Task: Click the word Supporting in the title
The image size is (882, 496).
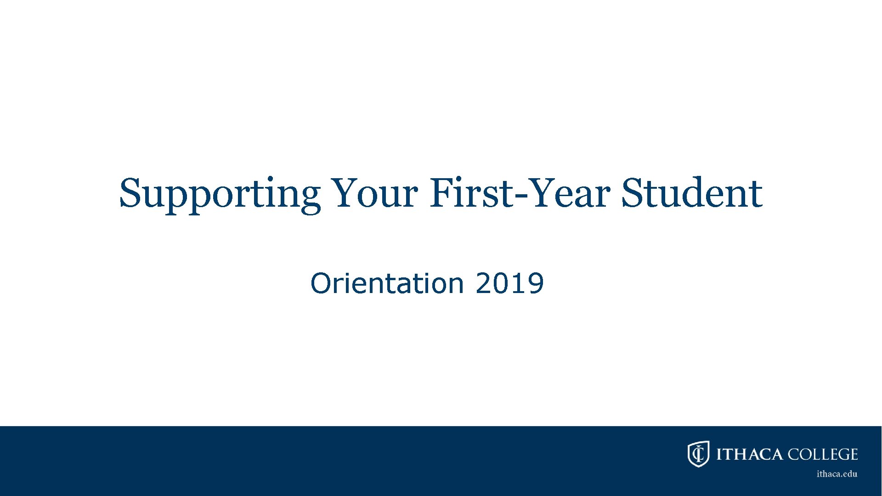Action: (x=220, y=194)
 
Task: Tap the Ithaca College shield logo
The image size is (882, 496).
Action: (x=698, y=454)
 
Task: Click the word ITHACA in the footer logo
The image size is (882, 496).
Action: (x=749, y=454)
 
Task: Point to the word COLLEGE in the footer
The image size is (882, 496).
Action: (x=823, y=454)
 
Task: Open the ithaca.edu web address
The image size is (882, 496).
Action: (x=837, y=474)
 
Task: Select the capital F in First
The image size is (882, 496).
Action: (x=441, y=193)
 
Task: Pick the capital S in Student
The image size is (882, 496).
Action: (x=633, y=193)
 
